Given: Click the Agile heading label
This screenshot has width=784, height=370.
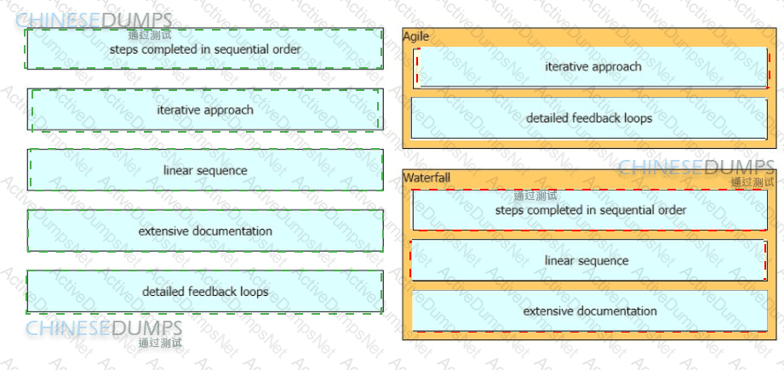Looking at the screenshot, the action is point(416,36).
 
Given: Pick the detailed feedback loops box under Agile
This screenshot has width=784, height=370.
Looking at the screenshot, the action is point(589,118).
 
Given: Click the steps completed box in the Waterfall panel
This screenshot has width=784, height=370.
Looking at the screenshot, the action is point(590,210).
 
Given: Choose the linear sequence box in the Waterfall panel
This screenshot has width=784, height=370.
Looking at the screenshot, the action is point(588,260).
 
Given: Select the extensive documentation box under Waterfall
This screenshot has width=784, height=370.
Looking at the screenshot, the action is point(590,311).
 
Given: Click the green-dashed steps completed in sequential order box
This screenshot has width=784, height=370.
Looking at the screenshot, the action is point(204,49).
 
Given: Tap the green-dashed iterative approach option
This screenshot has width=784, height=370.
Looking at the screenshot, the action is point(205,110).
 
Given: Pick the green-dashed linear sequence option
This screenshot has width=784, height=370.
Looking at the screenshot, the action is point(205,170).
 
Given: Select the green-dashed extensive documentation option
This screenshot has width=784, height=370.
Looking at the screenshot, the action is point(205,231).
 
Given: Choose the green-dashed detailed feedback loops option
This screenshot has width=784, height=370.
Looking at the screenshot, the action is point(205,292).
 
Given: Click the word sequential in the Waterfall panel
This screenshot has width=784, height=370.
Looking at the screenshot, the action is point(619,210).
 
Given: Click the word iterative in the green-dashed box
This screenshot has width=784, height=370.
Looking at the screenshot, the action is point(175,110).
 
